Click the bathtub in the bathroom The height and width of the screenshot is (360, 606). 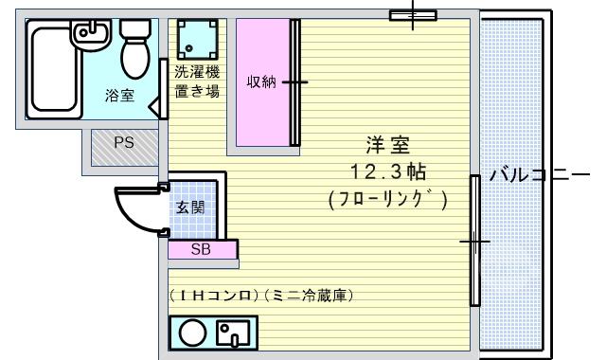pyautogui.click(x=54, y=69)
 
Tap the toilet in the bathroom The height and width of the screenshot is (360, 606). pyautogui.click(x=134, y=48)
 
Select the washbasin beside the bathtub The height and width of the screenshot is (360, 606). pyautogui.click(x=91, y=35)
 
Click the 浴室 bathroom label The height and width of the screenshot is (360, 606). pyautogui.click(x=119, y=95)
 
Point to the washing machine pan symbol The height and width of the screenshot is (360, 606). pyautogui.click(x=197, y=39)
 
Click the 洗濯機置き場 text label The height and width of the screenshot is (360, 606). pyautogui.click(x=197, y=81)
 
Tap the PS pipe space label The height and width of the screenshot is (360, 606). pyautogui.click(x=124, y=143)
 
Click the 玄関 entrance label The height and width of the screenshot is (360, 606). pyautogui.click(x=190, y=207)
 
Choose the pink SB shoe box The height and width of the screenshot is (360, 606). pyautogui.click(x=202, y=249)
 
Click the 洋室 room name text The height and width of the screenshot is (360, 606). pyautogui.click(x=387, y=145)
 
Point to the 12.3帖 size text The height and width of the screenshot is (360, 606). pyautogui.click(x=388, y=171)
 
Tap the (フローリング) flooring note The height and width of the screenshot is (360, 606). pyautogui.click(x=388, y=200)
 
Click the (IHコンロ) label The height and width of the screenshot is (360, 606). pyautogui.click(x=214, y=296)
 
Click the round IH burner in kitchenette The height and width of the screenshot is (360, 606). pyautogui.click(x=192, y=333)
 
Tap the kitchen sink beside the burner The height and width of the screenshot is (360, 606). pyautogui.click(x=233, y=333)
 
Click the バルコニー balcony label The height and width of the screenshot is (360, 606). pyautogui.click(x=540, y=175)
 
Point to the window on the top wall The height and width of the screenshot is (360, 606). pyautogui.click(x=413, y=15)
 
